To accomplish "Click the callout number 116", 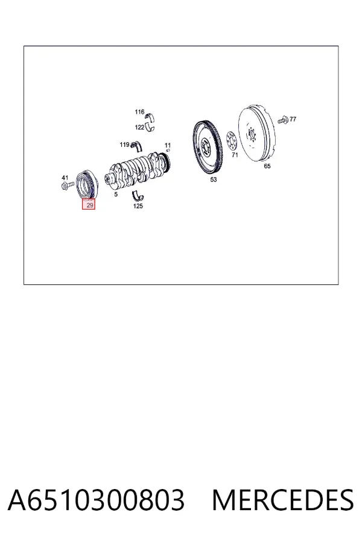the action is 139,112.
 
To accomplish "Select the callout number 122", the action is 139,127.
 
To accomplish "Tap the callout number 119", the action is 124,145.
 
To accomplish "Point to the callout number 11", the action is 168,145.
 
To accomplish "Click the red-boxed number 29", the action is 90,205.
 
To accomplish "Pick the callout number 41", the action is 65,178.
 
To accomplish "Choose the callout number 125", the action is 138,206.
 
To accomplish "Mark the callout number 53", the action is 214,179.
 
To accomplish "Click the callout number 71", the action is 235,155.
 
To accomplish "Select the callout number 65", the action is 267,166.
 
